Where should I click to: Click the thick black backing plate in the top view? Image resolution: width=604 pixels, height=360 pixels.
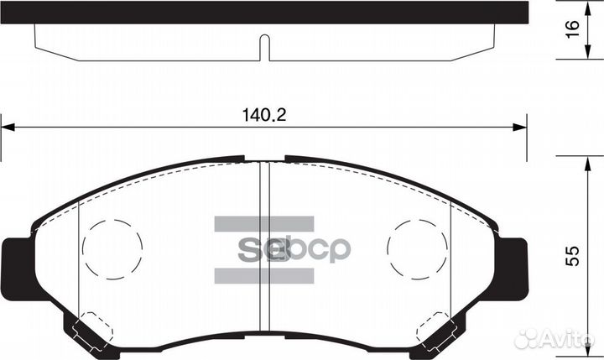click(264, 12)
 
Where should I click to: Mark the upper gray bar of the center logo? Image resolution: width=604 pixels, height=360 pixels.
click(263, 224)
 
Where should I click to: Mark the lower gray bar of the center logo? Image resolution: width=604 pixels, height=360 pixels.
click(263, 275)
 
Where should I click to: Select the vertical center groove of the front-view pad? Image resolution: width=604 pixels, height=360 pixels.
click(264, 252)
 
